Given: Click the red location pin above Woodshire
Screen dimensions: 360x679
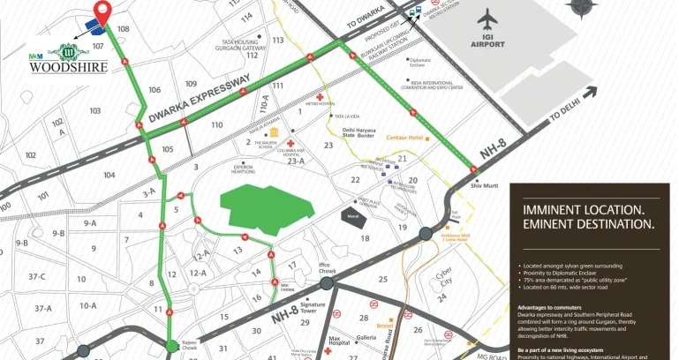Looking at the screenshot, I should [x=103, y=14].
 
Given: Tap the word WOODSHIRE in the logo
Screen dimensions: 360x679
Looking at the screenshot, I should [x=69, y=66].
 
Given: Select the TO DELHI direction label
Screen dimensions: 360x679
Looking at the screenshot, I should [x=569, y=112].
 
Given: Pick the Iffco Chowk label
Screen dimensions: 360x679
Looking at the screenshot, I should [x=329, y=269].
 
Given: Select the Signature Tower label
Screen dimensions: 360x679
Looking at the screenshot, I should [x=313, y=308].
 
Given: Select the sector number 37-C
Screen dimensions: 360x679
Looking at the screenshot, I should [x=36, y=276].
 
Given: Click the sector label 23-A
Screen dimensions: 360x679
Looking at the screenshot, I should [x=295, y=161].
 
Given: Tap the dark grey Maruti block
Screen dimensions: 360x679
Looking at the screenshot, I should [x=352, y=214].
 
